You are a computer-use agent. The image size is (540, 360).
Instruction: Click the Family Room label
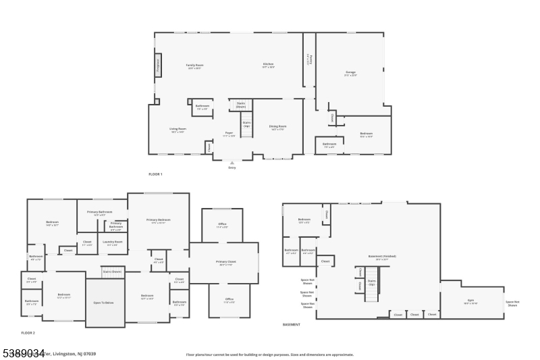point(195,66)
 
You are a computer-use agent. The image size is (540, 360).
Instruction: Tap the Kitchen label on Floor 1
point(268,66)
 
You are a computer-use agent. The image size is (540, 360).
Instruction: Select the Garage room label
point(350,72)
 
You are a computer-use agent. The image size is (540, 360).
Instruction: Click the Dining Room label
point(278,127)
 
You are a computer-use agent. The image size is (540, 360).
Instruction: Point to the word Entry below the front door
point(232,167)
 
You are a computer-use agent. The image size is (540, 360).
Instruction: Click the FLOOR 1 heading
point(155,174)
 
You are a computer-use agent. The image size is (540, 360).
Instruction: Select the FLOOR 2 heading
point(28,333)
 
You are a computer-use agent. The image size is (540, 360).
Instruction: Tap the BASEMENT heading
point(291,324)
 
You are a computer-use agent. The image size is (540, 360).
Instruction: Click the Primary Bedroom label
point(158,220)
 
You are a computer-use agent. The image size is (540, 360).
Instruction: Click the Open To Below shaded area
point(104,303)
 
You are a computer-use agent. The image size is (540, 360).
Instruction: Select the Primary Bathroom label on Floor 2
point(99,212)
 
